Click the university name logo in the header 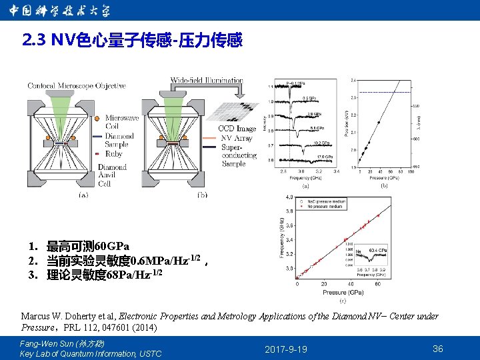coord(59,11)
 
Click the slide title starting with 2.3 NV coord(132,41)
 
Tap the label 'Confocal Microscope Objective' coord(77,86)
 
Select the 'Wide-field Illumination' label coord(207,81)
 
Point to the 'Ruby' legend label coord(114,153)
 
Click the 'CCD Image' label coord(237,129)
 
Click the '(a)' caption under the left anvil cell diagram coord(83,195)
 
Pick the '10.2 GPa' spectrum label coord(321,143)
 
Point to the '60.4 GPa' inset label coord(379,250)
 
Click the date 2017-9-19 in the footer coord(286,349)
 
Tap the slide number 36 coord(438,349)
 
